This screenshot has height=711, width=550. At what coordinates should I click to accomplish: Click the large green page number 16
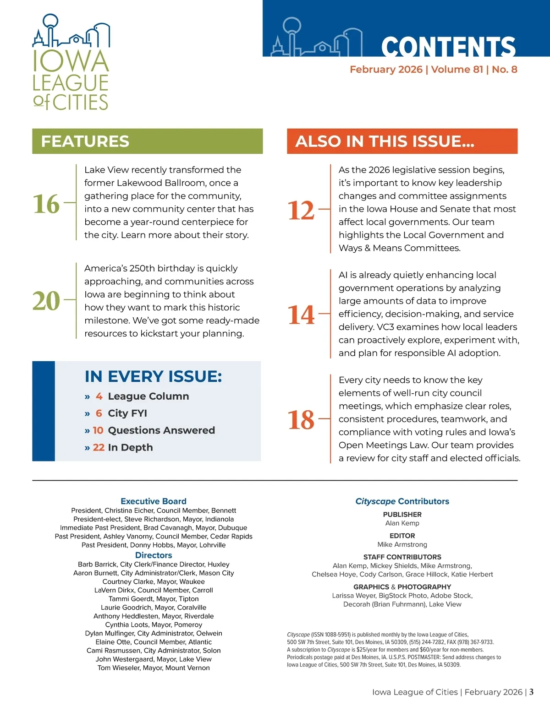(x=46, y=204)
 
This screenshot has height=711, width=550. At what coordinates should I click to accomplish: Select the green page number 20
(x=46, y=301)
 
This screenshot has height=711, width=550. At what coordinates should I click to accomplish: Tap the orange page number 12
(x=301, y=210)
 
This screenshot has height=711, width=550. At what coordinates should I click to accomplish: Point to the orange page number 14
(x=301, y=315)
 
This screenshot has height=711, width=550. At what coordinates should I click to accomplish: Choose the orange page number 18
(x=301, y=419)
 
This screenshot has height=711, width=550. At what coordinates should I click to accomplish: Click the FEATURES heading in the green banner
(x=85, y=141)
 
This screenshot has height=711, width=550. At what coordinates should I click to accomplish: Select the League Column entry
(x=148, y=396)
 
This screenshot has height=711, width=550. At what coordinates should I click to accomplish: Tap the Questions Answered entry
(x=161, y=430)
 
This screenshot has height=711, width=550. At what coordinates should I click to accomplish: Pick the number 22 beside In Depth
(x=99, y=447)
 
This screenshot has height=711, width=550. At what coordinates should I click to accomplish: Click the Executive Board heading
(x=154, y=501)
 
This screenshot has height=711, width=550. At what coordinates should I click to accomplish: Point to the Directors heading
(x=154, y=555)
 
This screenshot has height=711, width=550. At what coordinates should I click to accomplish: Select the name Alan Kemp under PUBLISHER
(x=402, y=523)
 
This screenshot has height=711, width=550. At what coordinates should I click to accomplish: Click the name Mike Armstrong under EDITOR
(x=402, y=544)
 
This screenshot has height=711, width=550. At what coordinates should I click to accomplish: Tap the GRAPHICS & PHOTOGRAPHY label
(x=402, y=587)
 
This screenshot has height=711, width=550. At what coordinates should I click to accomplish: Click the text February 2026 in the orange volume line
(x=386, y=70)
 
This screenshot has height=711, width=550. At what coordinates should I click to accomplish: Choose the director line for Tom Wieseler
(x=154, y=668)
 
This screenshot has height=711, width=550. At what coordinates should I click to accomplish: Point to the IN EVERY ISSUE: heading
(x=153, y=376)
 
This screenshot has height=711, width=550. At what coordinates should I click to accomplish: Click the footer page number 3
(x=531, y=692)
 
